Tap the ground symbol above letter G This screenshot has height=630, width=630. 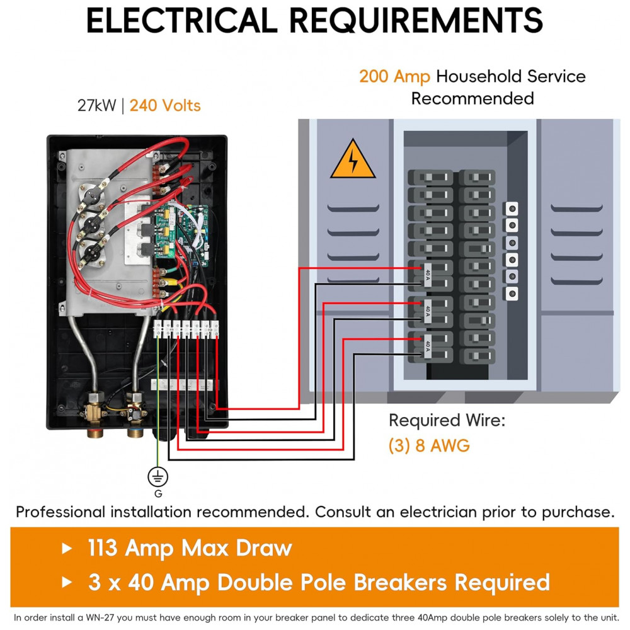tap(157, 477)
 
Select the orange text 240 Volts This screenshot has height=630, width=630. tap(165, 105)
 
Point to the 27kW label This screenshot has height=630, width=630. tap(97, 105)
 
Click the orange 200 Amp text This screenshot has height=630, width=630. tap(394, 77)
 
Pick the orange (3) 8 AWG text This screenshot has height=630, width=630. tap(429, 446)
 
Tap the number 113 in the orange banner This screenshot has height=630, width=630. tap(103, 548)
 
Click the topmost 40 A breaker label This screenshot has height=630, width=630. tap(428, 275)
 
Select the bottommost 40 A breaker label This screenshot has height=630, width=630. tap(428, 346)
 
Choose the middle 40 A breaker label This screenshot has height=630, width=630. tap(428, 311)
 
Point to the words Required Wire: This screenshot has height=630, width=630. tap(447, 420)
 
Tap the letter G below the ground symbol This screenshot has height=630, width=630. tap(158, 494)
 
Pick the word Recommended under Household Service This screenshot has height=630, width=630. tap(472, 99)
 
